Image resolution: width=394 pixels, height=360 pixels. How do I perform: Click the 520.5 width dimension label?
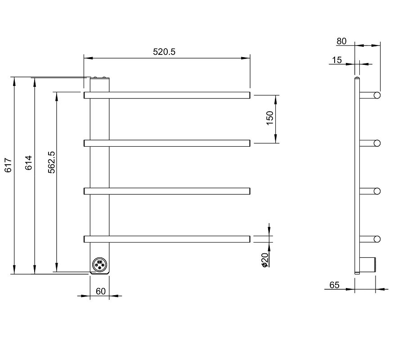pos(164,52)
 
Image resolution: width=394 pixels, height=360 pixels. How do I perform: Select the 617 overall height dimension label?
pos(8,165)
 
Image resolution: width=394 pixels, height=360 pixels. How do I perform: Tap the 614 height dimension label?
pos(29,163)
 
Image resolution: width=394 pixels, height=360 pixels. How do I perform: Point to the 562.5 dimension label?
pos(52,162)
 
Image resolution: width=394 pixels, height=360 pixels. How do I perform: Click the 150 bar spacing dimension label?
pos(269,118)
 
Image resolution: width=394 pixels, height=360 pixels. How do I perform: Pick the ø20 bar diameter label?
pos(265,260)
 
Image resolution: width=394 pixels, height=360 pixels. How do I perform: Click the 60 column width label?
pos(100,291)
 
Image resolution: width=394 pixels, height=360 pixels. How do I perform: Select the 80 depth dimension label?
pos(341,41)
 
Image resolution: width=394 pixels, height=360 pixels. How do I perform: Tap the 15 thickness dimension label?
pos(337,60)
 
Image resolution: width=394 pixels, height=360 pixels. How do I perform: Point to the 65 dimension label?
pos(335,285)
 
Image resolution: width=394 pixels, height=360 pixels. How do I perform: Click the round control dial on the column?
pos(100,265)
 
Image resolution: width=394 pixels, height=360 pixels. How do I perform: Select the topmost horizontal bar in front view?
pos(167,95)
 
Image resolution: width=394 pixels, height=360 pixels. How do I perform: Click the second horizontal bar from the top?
pos(167,143)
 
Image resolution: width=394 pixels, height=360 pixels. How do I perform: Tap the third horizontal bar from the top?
pos(167,191)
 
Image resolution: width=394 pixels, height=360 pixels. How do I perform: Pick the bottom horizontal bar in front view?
pos(167,239)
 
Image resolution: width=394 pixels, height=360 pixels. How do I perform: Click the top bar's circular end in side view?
pos(377,95)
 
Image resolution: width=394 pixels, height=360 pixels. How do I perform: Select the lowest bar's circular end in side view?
pos(377,239)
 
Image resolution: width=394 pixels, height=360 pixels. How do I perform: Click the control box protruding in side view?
pos(367,265)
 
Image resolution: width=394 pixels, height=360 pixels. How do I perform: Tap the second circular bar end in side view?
pos(377,143)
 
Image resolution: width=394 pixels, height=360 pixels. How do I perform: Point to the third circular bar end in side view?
pos(377,191)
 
